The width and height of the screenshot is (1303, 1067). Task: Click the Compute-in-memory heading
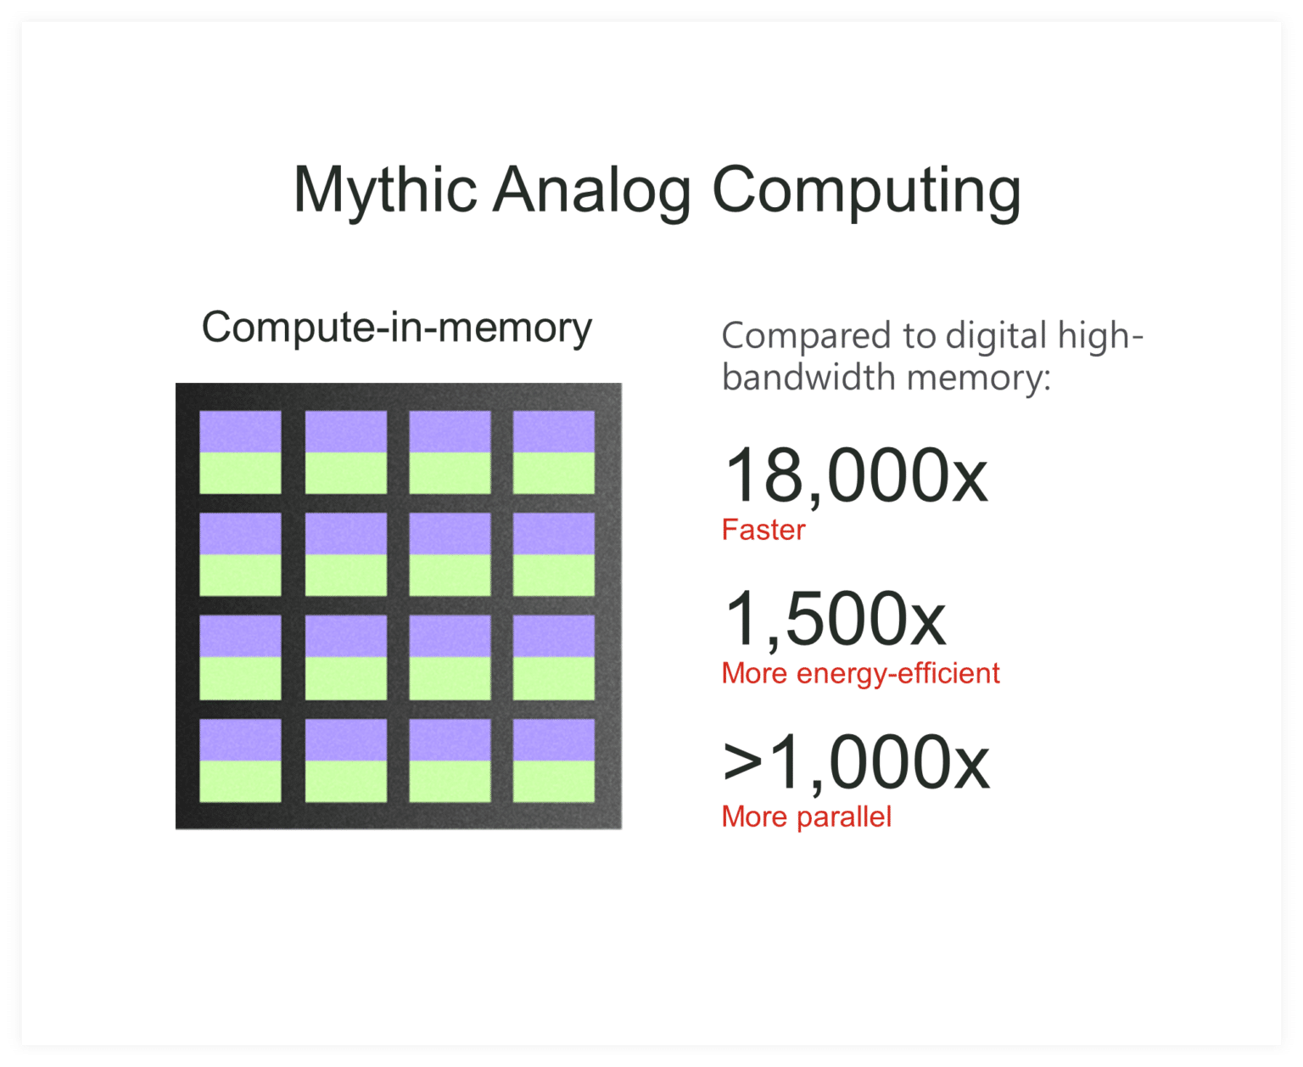pyautogui.click(x=396, y=328)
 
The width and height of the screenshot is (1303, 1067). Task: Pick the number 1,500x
pyautogui.click(x=836, y=620)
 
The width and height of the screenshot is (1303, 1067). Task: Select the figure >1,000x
pyautogui.click(x=856, y=763)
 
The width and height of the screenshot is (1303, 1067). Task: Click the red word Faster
pyautogui.click(x=763, y=530)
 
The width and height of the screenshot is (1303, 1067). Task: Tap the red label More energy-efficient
pyautogui.click(x=860, y=673)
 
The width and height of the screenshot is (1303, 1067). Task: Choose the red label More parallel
pyautogui.click(x=806, y=817)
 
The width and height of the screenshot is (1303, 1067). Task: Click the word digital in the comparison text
pyautogui.click(x=997, y=336)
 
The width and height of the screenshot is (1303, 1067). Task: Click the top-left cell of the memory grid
pyautogui.click(x=240, y=452)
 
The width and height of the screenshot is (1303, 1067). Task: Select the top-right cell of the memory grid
pyautogui.click(x=554, y=452)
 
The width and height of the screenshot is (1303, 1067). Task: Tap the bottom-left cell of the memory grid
pyautogui.click(x=240, y=761)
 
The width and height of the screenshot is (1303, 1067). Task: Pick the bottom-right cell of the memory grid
pyautogui.click(x=554, y=761)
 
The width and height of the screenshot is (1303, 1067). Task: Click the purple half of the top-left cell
pyautogui.click(x=240, y=432)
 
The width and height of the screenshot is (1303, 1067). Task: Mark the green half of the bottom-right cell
pyautogui.click(x=554, y=781)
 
